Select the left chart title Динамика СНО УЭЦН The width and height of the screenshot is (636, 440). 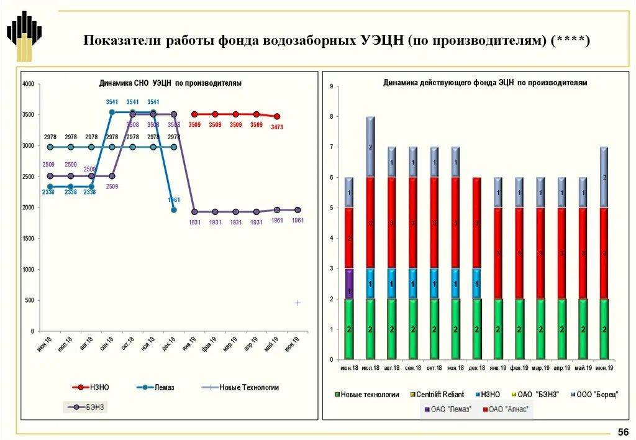[x=170, y=83]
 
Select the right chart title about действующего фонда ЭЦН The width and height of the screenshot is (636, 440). [x=485, y=82]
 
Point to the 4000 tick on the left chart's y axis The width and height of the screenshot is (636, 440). [x=28, y=85]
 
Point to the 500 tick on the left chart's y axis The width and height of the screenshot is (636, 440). [x=30, y=301]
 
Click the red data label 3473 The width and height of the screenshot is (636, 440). [x=277, y=127]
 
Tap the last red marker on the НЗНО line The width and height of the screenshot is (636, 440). [x=277, y=116]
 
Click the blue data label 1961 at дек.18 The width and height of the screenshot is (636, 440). [x=173, y=200]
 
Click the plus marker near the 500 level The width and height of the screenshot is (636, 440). [x=298, y=303]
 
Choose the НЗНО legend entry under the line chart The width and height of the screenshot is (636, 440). [x=91, y=387]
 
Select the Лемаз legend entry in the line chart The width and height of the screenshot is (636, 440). [x=155, y=387]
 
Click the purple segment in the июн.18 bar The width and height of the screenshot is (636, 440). [x=350, y=284]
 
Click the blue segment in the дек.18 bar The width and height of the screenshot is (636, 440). [x=476, y=284]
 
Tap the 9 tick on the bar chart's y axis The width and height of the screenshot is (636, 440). [x=332, y=86]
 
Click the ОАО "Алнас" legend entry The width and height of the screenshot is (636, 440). [x=506, y=409]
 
